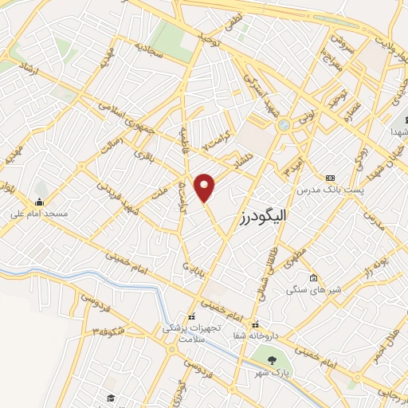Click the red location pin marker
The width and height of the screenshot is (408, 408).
coord(206,186)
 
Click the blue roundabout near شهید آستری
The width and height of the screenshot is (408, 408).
coord(283,125)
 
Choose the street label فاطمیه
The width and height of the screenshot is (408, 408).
coord(186,133)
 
